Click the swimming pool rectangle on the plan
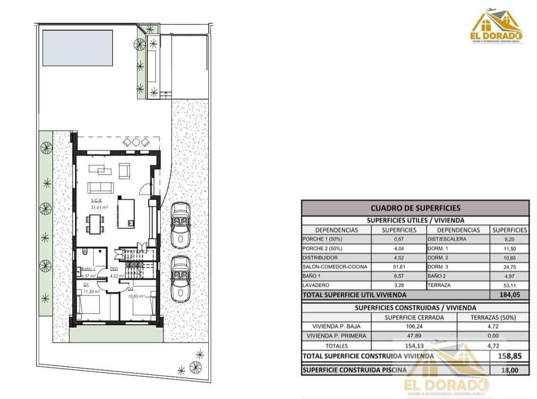78,48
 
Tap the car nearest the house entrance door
179,225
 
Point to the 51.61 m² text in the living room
100,207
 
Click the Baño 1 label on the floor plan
88,268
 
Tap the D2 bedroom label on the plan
130,289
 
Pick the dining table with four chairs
95,223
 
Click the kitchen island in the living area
125,213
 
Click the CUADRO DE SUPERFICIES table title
415,208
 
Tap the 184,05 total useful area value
509,295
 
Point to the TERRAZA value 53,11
509,285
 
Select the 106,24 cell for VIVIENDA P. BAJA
414,326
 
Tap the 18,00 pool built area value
509,370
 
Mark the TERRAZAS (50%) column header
493,317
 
